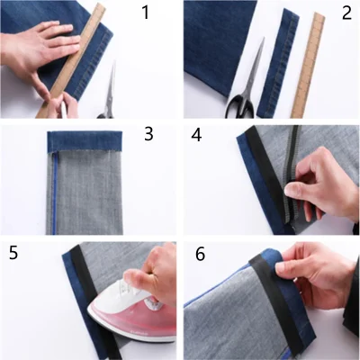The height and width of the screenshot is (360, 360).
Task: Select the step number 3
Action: (148, 135)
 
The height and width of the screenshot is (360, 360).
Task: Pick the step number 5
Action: (13, 253)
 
